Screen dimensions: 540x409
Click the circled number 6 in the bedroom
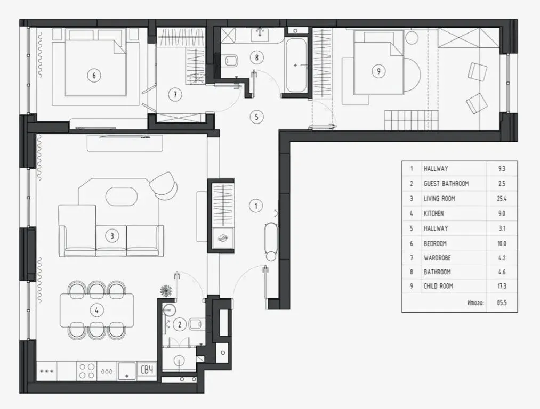coord(94,75)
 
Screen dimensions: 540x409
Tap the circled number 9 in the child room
coord(379,71)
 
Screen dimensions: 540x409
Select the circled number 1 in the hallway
coord(256,206)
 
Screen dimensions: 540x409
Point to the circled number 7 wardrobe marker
coord(175,94)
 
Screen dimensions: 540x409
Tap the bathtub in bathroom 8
coord(295,65)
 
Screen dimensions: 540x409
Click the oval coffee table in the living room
coord(121,196)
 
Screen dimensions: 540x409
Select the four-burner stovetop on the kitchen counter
coord(87,371)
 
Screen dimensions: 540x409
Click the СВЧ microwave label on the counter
coord(147,370)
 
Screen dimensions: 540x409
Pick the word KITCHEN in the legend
coord(433,213)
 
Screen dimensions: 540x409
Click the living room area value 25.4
coord(502,199)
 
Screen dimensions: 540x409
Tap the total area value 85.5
coord(502,303)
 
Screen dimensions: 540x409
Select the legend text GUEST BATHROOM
coord(446,184)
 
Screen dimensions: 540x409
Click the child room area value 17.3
coord(502,286)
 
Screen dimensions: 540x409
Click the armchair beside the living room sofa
coord(163,185)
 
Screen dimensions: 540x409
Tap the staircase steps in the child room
coord(411,120)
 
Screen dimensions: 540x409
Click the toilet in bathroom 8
coord(231,61)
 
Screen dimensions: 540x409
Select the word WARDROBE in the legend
coord(437,258)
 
